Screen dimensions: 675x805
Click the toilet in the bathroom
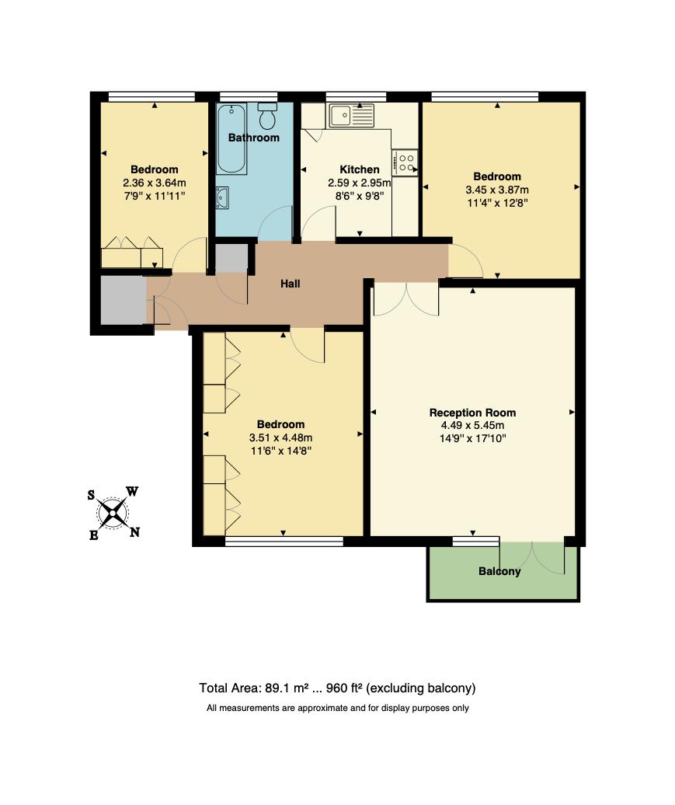(x=267, y=116)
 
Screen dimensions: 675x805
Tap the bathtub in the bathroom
(x=231, y=138)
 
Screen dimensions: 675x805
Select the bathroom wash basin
(x=222, y=198)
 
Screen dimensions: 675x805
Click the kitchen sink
(x=352, y=116)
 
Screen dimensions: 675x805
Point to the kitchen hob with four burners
(x=405, y=162)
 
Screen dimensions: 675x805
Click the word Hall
(x=290, y=284)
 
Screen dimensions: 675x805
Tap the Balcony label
(x=499, y=571)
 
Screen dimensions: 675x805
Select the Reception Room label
(x=472, y=413)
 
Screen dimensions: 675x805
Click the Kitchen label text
(x=360, y=169)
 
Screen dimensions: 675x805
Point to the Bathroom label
(x=253, y=138)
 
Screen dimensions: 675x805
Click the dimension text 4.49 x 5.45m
(x=472, y=426)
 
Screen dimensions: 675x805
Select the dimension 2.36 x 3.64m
(x=154, y=183)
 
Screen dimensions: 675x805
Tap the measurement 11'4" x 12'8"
(x=497, y=203)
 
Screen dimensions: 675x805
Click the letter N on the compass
(x=134, y=532)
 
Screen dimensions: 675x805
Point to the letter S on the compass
(x=91, y=495)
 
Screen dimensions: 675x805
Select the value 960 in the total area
(x=337, y=688)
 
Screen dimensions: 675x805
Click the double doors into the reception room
(x=406, y=299)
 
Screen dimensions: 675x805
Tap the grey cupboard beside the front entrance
(x=124, y=301)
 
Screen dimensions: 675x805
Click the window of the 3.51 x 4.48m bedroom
(x=284, y=541)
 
